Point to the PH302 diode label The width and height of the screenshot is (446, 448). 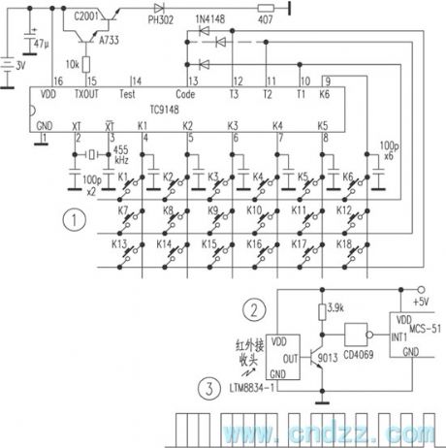[x=160, y=16]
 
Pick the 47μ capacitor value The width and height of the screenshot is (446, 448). [x=40, y=45]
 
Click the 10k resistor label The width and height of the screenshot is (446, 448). [x=73, y=63]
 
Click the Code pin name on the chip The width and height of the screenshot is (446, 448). [x=185, y=94]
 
